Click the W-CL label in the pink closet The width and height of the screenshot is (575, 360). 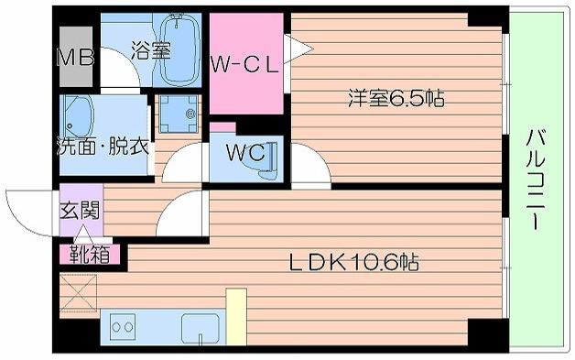tap(244, 64)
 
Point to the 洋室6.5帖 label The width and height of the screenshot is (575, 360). tap(396, 99)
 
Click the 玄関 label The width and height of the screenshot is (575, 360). tap(79, 211)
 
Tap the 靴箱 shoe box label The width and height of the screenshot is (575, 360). tap(90, 252)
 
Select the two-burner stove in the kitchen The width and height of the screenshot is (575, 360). tap(124, 326)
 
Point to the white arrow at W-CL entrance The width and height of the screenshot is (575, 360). tap(288, 49)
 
